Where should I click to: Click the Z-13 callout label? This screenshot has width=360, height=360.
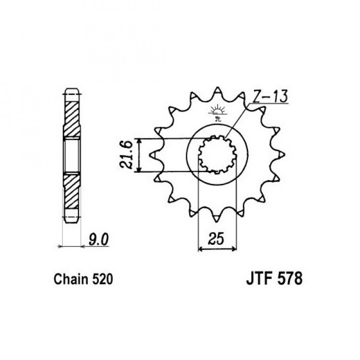(270, 96)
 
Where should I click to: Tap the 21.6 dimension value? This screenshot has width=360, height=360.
(126, 155)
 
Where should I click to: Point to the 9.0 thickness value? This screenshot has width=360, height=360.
(98, 240)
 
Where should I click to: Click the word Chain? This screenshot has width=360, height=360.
(71, 279)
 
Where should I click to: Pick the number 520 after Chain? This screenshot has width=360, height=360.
(103, 279)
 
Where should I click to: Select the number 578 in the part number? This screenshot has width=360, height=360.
(290, 278)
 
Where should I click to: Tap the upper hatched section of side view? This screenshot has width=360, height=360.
(72, 120)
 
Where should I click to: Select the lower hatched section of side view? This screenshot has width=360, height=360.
(71, 192)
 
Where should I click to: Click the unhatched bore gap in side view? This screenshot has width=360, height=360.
(72, 156)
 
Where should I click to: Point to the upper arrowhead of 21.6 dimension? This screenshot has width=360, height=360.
(138, 141)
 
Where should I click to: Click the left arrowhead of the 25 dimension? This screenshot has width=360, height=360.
(201, 249)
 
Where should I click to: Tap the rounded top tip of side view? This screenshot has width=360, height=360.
(72, 90)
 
